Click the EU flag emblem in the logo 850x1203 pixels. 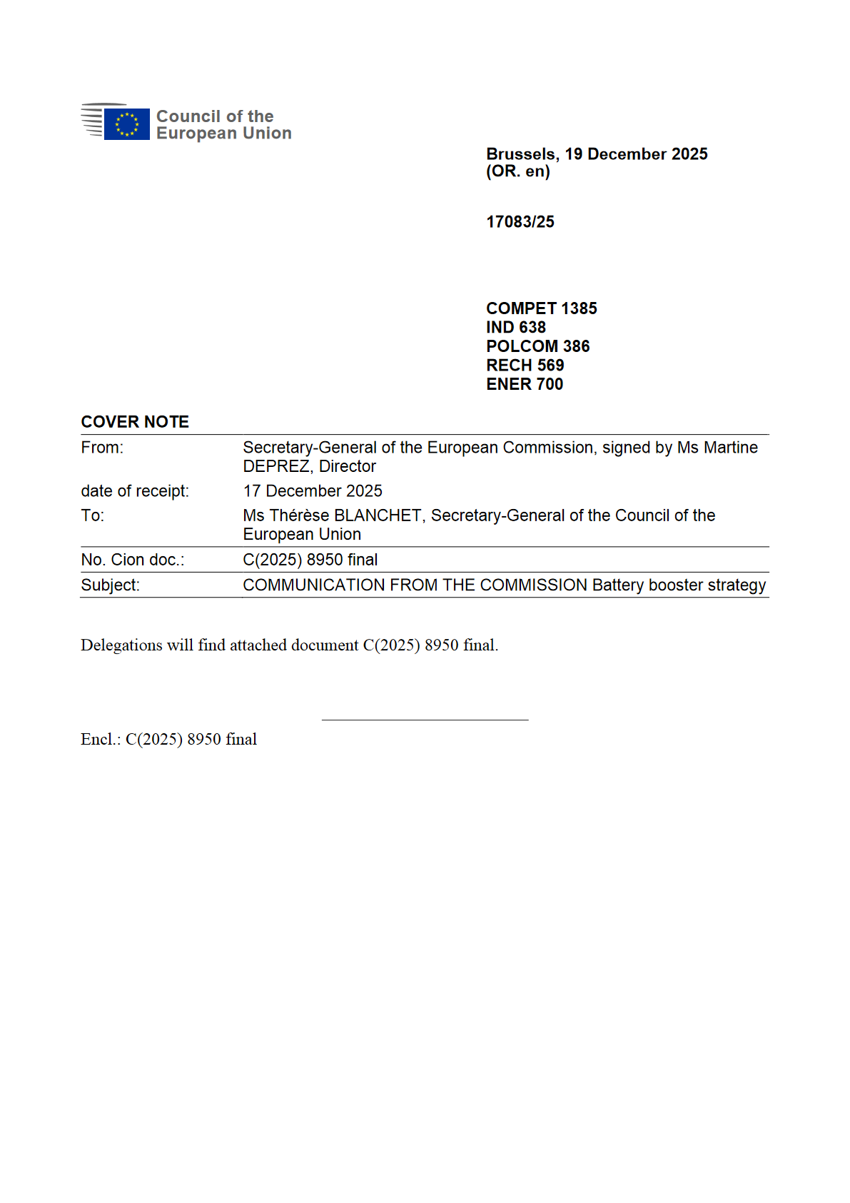(x=126, y=124)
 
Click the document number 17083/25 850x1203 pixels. (x=520, y=222)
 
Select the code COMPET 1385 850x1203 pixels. (x=541, y=308)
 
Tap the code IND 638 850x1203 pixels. (x=515, y=327)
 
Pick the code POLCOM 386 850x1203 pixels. (x=537, y=346)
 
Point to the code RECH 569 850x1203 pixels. (x=525, y=366)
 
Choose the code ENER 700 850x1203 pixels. (x=525, y=384)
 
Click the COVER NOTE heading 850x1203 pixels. (x=135, y=422)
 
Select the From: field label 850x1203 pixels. (x=102, y=448)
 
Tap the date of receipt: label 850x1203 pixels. (x=135, y=491)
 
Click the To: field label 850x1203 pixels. (x=92, y=515)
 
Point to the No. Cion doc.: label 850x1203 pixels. (x=132, y=560)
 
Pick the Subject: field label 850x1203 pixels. (x=110, y=585)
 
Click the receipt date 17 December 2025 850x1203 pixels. (x=313, y=491)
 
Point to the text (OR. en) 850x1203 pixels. (x=517, y=171)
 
